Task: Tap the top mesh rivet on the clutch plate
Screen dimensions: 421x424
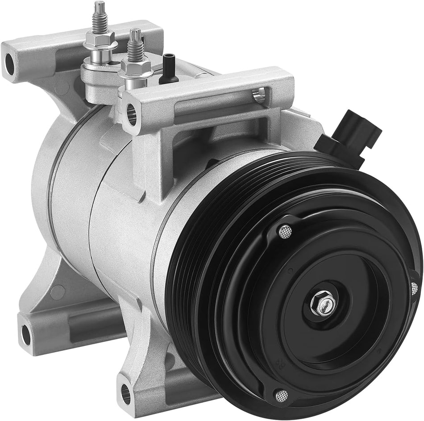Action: click(x=284, y=231)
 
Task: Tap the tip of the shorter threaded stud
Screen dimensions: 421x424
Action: click(x=135, y=33)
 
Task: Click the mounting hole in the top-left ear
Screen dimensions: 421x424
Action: click(x=10, y=64)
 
